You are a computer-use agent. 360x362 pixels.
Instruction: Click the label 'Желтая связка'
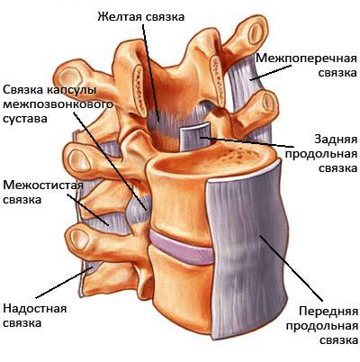click(x=140, y=16)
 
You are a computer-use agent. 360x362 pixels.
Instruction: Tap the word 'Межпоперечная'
click(x=306, y=58)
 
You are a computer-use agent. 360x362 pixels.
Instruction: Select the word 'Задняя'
click(x=336, y=140)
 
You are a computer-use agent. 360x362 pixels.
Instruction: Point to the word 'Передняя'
click(x=328, y=311)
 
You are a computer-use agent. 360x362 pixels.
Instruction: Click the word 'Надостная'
click(x=35, y=308)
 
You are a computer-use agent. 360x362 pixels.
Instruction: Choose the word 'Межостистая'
click(x=43, y=185)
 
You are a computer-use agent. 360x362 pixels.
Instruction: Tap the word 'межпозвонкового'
click(x=58, y=104)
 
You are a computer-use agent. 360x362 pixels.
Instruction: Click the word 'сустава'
click(x=25, y=119)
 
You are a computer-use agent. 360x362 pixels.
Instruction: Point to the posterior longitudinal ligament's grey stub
click(x=196, y=137)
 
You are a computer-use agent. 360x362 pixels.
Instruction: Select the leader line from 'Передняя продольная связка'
click(x=292, y=268)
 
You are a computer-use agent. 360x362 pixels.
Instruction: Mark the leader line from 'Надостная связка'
click(x=64, y=283)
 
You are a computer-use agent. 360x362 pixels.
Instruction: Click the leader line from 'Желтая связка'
click(x=150, y=73)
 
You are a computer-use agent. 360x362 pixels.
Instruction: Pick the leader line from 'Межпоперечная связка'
click(x=270, y=73)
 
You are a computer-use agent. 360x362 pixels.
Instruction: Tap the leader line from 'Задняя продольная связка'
click(x=247, y=142)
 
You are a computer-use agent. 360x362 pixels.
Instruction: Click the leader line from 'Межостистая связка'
click(x=87, y=210)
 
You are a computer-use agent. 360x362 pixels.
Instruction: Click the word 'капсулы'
click(x=72, y=90)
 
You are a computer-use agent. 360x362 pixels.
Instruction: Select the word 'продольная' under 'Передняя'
click(x=322, y=325)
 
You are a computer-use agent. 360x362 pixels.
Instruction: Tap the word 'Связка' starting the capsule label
click(x=23, y=90)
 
